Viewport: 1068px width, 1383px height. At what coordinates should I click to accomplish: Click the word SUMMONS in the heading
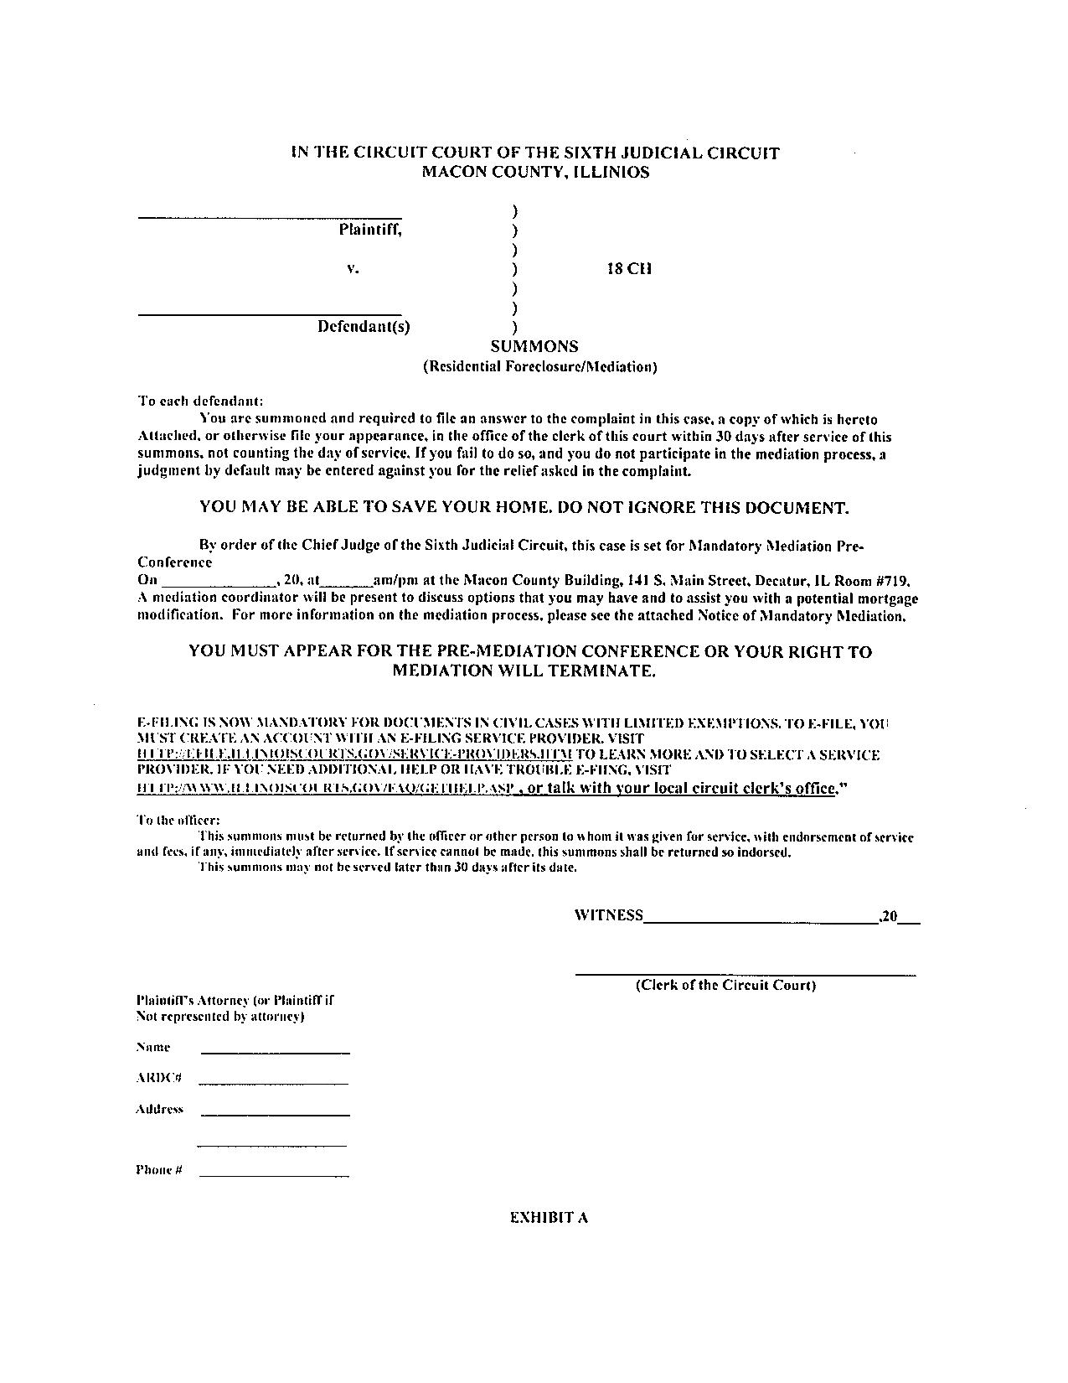pos(534,346)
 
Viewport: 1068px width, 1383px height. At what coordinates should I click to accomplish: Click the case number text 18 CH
pos(628,269)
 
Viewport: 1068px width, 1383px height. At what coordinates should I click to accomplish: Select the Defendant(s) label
pos(364,327)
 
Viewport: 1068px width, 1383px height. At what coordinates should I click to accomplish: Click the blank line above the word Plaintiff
pos(269,218)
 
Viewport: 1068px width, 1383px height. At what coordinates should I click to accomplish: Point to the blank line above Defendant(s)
pos(269,315)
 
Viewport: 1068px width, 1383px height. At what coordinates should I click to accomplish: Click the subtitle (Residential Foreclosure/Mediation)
pos(539,366)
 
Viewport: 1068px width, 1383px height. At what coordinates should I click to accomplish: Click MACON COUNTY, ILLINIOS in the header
pos(534,173)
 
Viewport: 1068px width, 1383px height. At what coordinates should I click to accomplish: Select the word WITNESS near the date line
pos(609,915)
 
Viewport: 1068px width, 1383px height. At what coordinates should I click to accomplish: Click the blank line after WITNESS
pos(760,922)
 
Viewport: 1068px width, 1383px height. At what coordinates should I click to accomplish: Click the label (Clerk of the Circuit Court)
pos(725,985)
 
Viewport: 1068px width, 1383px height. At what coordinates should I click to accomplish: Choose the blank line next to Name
pos(275,1053)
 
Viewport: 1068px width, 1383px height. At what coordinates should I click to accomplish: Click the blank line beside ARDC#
pos(273,1084)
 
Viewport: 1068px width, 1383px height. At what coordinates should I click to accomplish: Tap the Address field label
pos(159,1109)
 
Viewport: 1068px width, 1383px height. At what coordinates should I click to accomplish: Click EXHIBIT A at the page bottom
pos(549,1218)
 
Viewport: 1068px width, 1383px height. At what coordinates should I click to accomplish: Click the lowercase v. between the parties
pos(353,269)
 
